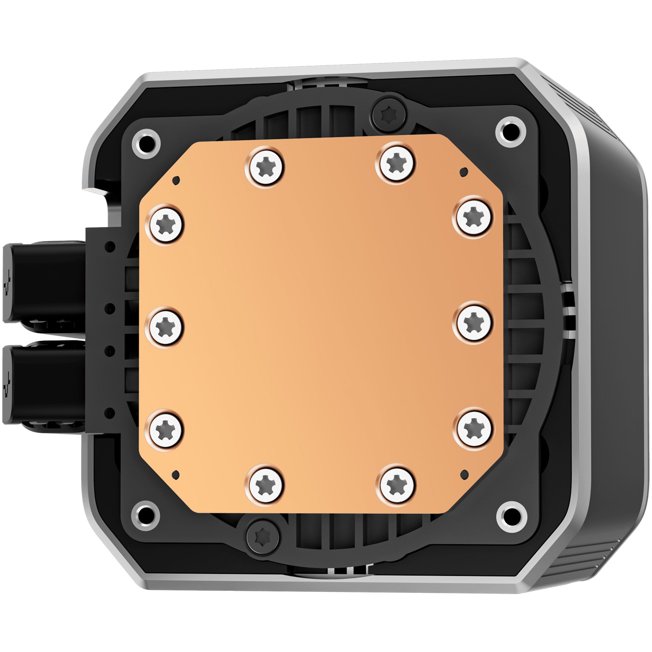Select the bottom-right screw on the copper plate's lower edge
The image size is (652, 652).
(396, 484)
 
